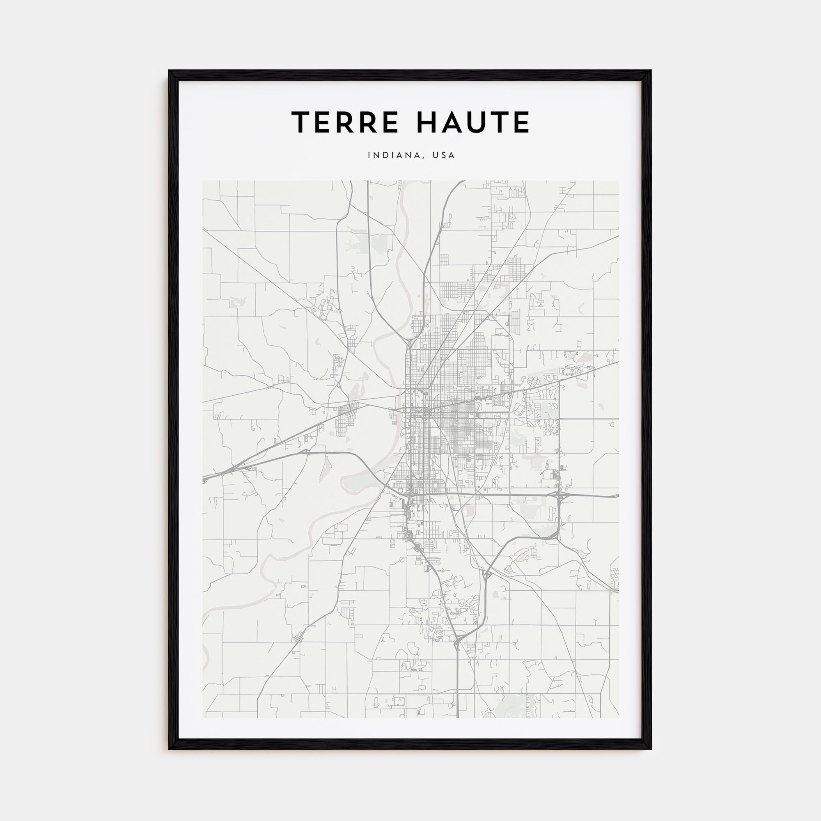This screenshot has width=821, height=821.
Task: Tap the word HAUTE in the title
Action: pyautogui.click(x=473, y=123)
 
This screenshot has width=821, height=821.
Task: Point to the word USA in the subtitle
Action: pyautogui.click(x=443, y=156)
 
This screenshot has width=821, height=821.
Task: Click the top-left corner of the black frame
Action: pyautogui.click(x=169, y=71)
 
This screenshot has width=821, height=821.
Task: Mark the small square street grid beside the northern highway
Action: pyautogui.click(x=444, y=259)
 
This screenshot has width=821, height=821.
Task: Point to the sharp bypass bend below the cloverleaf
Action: pyautogui.click(x=553, y=537)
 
